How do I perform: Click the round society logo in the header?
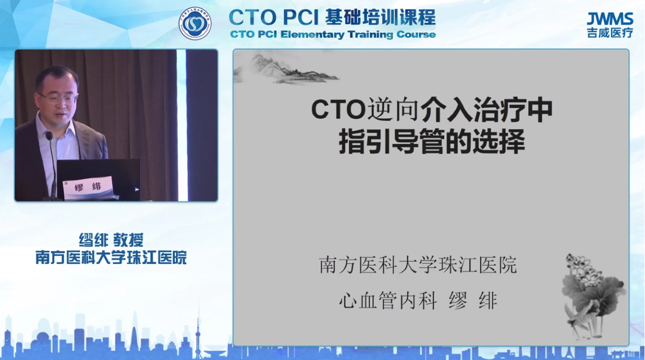pos(195,24)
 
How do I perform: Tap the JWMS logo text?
pos(610,20)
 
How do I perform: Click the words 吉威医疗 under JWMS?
pos(610,32)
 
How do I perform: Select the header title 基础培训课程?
pos(380,17)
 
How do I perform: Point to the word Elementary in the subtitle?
pos(312,35)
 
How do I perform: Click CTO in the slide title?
pos(339,110)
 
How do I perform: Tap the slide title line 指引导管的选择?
pos(432,142)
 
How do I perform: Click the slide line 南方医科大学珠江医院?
pos(418,265)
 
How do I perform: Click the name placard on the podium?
pos(88,187)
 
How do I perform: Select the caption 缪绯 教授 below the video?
pos(111,240)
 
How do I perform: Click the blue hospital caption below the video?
pos(111,258)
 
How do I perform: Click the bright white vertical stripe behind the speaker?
pos(181,125)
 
